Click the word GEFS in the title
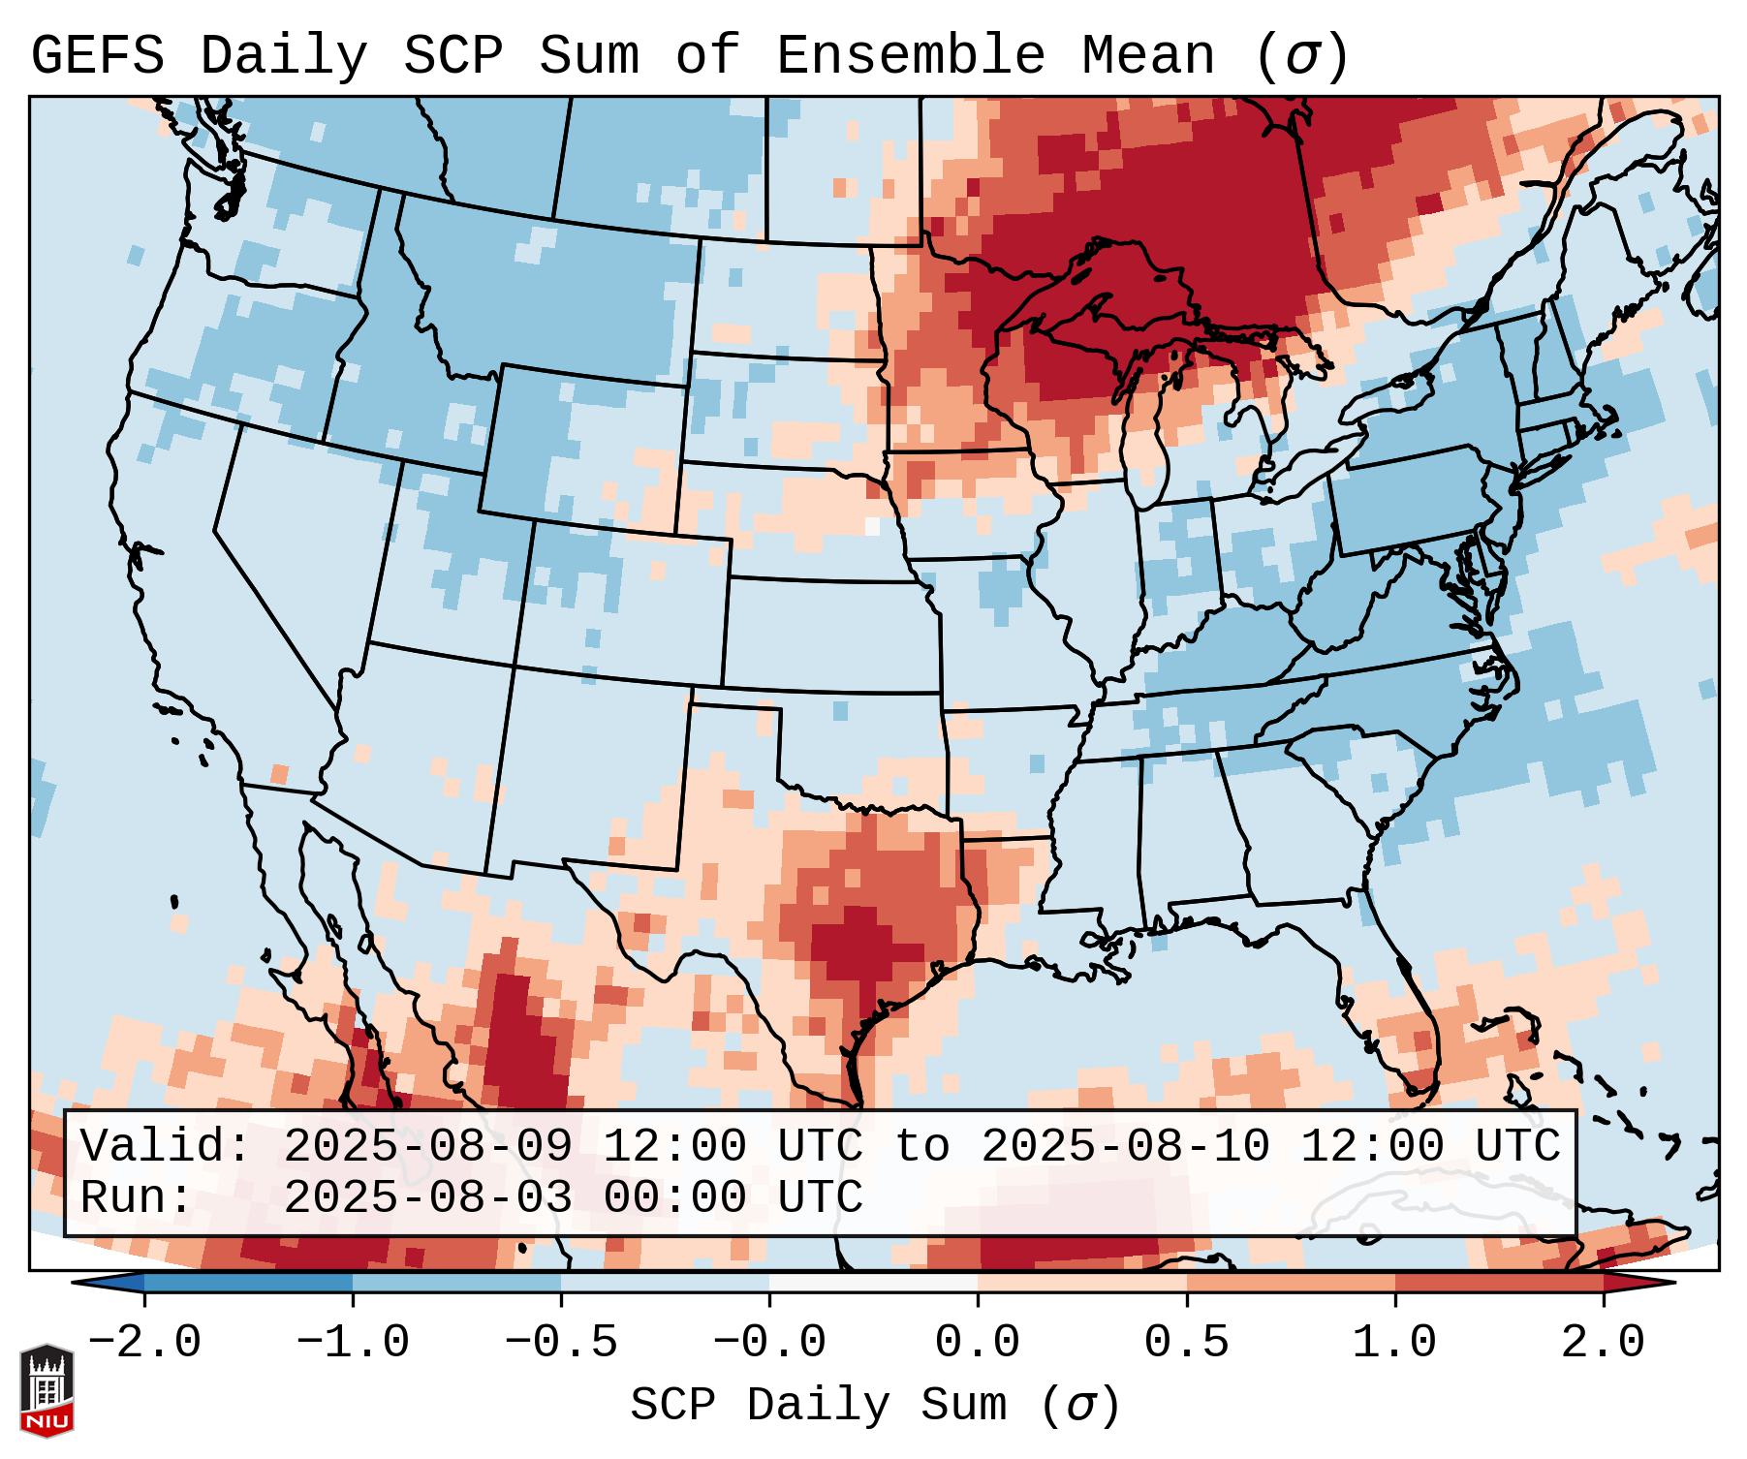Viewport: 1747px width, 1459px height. pyautogui.click(x=97, y=56)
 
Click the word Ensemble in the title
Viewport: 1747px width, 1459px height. pyautogui.click(x=911, y=56)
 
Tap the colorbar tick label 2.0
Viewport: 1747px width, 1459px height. pyautogui.click(x=1603, y=1343)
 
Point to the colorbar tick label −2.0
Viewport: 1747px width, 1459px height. pyautogui.click(x=143, y=1343)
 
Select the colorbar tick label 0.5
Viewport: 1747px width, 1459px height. pyautogui.click(x=1186, y=1343)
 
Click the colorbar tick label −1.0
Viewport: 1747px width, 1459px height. pyautogui.click(x=352, y=1343)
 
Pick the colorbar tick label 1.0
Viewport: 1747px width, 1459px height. pyautogui.click(x=1394, y=1343)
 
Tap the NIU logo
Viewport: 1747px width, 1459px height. pyautogui.click(x=47, y=1389)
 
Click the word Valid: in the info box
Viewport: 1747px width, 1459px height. pyautogui.click(x=166, y=1146)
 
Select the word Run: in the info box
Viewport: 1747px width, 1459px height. pyautogui.click(x=137, y=1197)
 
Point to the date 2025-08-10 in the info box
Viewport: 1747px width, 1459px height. pyautogui.click(x=1125, y=1146)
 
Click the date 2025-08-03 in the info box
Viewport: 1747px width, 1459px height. pyautogui.click(x=427, y=1197)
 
